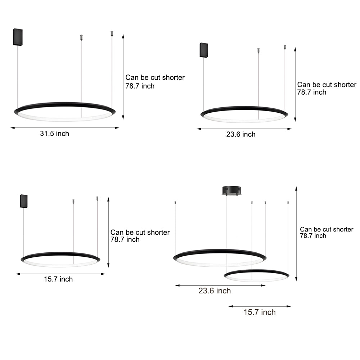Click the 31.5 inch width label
coord(54,134)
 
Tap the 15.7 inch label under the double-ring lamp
coord(260,312)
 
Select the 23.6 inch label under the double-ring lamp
coord(215,291)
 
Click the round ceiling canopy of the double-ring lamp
coord(231,190)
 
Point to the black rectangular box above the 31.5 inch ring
coord(18,37)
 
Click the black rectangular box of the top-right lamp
coord(204,50)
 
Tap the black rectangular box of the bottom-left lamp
coord(24,201)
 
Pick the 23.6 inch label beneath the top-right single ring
coord(241,134)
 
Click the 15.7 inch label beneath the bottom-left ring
coord(58,279)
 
